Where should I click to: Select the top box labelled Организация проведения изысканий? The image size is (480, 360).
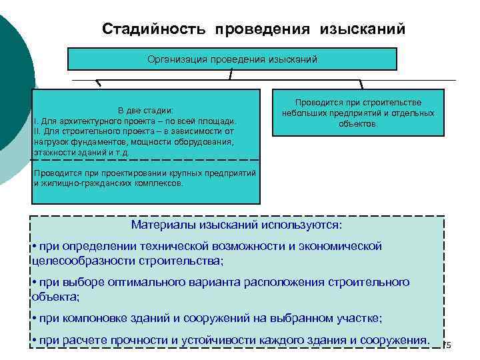pyautogui.click(x=233, y=59)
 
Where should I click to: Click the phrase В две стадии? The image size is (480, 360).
pyautogui.click(x=145, y=110)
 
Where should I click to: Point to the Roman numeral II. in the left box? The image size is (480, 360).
pyautogui.click(x=36, y=131)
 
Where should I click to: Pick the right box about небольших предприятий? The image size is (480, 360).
pyautogui.click(x=358, y=113)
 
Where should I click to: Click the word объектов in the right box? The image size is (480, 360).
pyautogui.click(x=357, y=124)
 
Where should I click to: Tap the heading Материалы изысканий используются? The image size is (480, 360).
pyautogui.click(x=237, y=225)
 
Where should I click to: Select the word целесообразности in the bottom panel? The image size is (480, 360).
pyautogui.click(x=82, y=260)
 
